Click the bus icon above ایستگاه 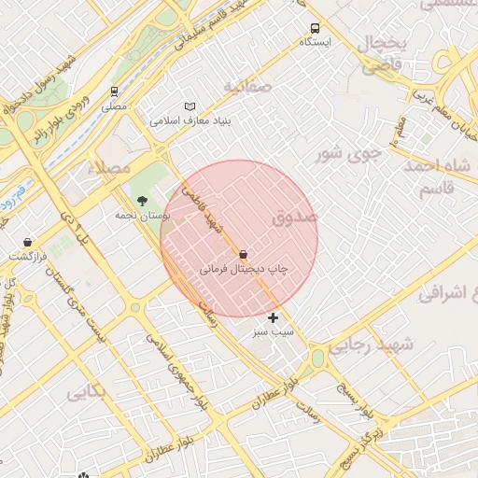point(314,28)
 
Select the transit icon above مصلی point(114,91)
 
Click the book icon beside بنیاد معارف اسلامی point(190,106)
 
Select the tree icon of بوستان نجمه point(142,201)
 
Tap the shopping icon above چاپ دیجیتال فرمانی point(244,254)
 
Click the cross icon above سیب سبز point(273,318)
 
